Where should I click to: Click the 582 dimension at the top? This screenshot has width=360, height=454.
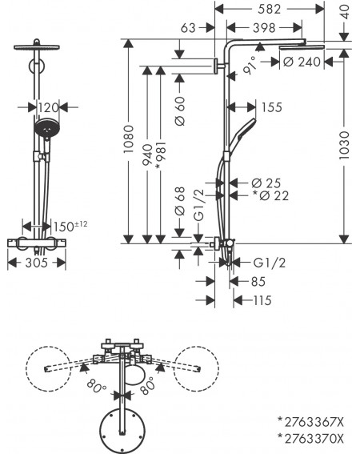[x=269, y=9]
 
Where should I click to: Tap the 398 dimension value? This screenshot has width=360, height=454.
[x=264, y=28]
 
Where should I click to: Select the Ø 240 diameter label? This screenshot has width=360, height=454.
[x=302, y=62]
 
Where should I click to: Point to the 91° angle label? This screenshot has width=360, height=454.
[x=250, y=66]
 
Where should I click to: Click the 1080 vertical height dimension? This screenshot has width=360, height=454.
[x=129, y=139]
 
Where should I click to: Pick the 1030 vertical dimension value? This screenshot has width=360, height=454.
[x=344, y=146]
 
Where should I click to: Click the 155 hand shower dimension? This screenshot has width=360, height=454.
[x=271, y=107]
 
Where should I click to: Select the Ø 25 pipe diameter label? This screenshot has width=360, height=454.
[x=266, y=183]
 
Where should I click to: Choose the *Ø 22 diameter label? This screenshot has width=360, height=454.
[x=270, y=195]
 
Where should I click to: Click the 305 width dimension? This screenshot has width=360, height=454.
[x=37, y=263]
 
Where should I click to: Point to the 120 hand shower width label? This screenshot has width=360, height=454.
[x=48, y=108]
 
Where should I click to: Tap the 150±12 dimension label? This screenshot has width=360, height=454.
[x=70, y=226]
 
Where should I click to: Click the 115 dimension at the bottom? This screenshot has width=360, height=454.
[x=262, y=300]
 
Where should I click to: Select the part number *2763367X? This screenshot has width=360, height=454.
[x=311, y=422]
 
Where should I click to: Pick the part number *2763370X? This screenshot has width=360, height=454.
[x=311, y=439]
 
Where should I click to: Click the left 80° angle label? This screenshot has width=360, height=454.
[x=96, y=386]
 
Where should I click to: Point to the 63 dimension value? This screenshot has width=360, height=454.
[x=188, y=28]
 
